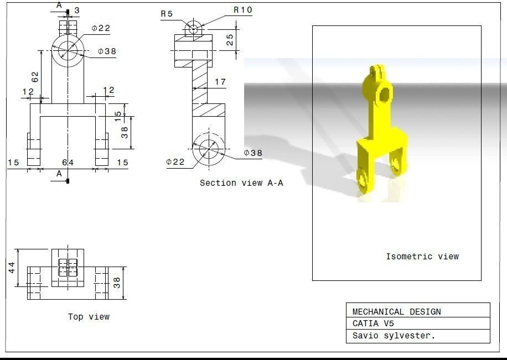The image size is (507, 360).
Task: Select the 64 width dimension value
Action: pyautogui.click(x=68, y=162)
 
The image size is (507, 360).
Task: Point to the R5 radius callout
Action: pyautogui.click(x=167, y=14)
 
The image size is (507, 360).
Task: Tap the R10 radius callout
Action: pyautogui.click(x=243, y=10)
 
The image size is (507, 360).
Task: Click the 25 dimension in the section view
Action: pyautogui.click(x=230, y=40)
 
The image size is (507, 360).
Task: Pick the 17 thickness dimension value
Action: pyautogui.click(x=220, y=82)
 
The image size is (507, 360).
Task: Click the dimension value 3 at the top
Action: pyautogui.click(x=76, y=11)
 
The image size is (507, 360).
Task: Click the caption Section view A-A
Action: pyautogui.click(x=241, y=183)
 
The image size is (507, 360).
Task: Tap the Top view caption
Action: pyautogui.click(x=89, y=317)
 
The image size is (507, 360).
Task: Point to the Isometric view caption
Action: pyautogui.click(x=422, y=257)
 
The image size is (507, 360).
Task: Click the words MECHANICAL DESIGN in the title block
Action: pyautogui.click(x=397, y=312)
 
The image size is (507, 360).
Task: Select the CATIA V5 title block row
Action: pyautogui.click(x=373, y=324)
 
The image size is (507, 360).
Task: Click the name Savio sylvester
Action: pyautogui.click(x=394, y=336)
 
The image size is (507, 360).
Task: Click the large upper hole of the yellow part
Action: pyautogui.click(x=384, y=96)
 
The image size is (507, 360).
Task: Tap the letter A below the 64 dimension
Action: pyautogui.click(x=59, y=174)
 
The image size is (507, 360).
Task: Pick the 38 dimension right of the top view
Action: pyautogui.click(x=117, y=283)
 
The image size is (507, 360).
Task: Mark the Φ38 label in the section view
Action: pyautogui.click(x=253, y=153)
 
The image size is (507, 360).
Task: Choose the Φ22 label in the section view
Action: pyautogui.click(x=175, y=161)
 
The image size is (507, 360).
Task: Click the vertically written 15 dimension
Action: pyautogui.click(x=117, y=116)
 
